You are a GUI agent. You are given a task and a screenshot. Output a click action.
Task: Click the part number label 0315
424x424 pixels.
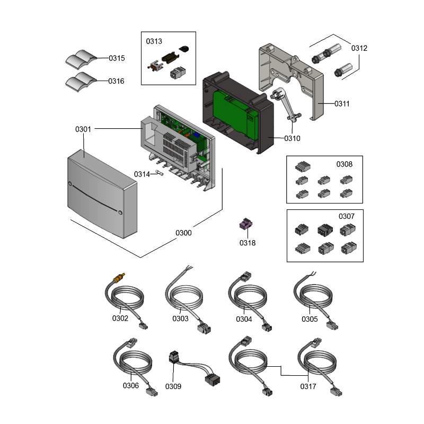point(117,58)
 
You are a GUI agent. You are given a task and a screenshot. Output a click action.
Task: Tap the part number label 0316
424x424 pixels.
point(117,81)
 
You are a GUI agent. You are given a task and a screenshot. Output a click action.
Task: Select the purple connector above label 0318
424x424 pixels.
point(245,225)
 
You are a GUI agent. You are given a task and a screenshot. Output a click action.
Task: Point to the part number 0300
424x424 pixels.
point(183,233)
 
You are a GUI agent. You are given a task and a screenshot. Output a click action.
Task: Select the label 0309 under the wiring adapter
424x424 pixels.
point(173,386)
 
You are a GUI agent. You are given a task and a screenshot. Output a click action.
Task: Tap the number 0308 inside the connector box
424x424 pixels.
point(344,164)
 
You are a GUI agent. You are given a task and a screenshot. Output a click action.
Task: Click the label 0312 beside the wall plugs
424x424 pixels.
point(359,48)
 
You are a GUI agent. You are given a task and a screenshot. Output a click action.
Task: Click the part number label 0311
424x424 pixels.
point(342,104)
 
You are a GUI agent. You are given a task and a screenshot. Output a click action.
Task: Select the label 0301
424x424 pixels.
point(83,129)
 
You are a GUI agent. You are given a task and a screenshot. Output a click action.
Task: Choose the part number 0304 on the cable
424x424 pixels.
point(244,319)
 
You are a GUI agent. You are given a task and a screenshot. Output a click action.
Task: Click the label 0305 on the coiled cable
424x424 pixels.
point(310,319)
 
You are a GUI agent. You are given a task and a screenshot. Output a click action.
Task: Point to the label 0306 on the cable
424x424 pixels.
point(130,386)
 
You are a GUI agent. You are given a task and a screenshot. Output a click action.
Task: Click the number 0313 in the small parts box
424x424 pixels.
point(154,40)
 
